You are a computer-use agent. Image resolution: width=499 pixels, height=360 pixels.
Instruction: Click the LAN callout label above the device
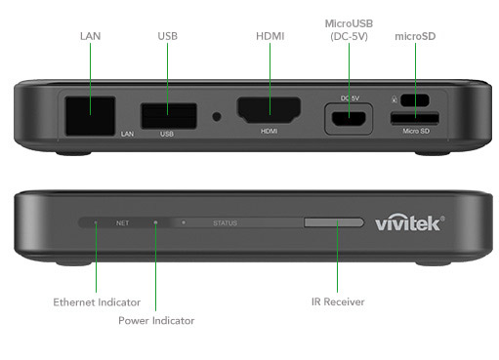click(x=90, y=36)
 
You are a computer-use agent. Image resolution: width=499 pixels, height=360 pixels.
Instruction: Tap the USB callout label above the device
click(x=168, y=36)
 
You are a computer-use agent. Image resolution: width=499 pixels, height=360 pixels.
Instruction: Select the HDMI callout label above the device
click(x=270, y=36)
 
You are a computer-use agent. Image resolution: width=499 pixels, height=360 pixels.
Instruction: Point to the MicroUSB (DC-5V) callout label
click(x=349, y=30)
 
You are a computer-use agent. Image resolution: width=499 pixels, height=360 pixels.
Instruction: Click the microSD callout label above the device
click(x=415, y=36)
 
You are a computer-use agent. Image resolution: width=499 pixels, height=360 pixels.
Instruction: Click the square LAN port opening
click(x=90, y=116)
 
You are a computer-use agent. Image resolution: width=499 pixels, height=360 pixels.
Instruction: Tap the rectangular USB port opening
click(x=169, y=116)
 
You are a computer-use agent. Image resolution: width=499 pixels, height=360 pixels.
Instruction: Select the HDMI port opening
click(x=270, y=109)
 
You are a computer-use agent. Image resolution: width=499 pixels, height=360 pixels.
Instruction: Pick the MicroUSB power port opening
click(x=349, y=119)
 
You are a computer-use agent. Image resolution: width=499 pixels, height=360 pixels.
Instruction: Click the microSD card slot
click(x=415, y=118)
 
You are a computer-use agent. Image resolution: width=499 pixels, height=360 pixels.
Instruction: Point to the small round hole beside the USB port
click(x=217, y=116)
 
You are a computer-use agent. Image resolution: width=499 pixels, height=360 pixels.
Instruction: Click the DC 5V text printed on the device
click(x=350, y=99)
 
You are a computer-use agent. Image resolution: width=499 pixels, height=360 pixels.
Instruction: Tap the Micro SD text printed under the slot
click(x=416, y=131)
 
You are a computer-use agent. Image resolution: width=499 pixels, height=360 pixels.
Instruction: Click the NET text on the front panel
click(x=122, y=223)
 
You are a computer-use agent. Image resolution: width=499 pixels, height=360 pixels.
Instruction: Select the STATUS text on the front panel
click(x=225, y=223)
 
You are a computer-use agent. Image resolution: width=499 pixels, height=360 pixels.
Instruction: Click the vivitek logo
click(x=409, y=223)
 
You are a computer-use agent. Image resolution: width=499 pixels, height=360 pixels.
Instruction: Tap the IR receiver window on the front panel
click(x=334, y=222)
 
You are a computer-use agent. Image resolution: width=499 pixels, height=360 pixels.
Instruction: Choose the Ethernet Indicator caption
click(x=97, y=302)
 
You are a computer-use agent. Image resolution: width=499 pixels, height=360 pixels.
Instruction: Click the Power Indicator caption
click(x=156, y=321)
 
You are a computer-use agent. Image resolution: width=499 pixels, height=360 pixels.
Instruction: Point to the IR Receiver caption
click(x=338, y=301)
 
